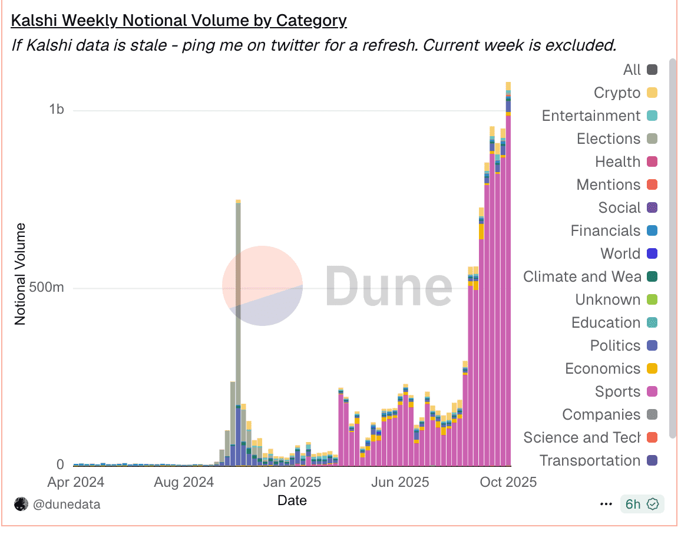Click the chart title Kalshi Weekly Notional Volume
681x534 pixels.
178,21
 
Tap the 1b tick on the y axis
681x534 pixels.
57,110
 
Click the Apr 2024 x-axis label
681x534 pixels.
75,482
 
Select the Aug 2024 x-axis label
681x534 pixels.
184,482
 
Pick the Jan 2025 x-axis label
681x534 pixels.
292,482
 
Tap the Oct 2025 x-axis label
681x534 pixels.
507,482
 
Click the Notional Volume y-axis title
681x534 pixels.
21,273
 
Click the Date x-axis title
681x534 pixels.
292,500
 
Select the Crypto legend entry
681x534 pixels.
617,93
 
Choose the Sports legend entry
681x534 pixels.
617,391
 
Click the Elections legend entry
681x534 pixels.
609,139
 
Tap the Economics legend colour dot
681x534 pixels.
652,369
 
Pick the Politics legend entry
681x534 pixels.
615,345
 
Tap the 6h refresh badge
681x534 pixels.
642,504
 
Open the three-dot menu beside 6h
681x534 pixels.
606,505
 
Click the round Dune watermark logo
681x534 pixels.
262,286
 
